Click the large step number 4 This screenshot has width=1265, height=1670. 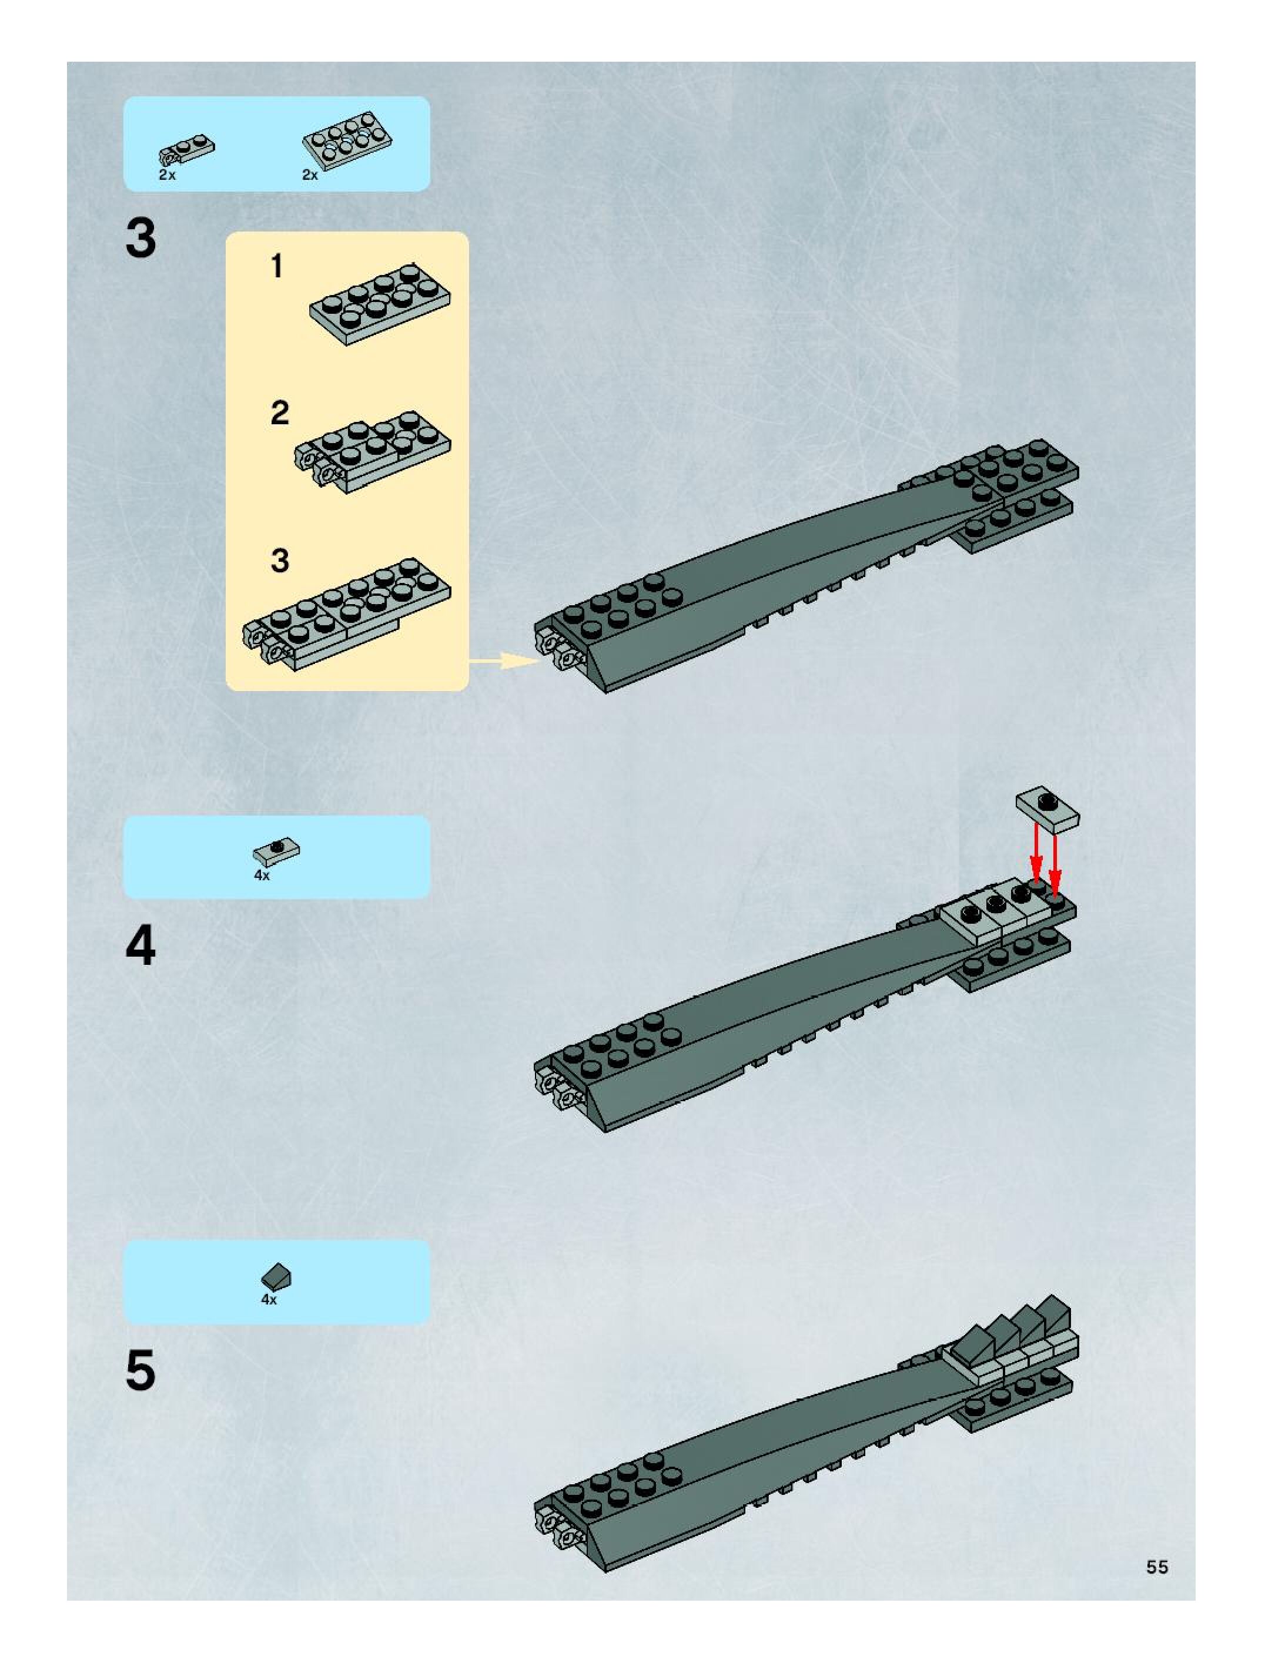coord(140,945)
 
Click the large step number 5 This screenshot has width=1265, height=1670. coord(140,1370)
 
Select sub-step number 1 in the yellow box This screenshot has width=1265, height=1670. coord(277,266)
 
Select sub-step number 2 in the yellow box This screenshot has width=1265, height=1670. coord(279,413)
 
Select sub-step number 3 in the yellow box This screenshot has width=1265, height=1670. coord(279,560)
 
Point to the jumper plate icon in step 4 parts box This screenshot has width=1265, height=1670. coord(276,851)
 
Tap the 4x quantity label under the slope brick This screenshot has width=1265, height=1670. coord(269,1299)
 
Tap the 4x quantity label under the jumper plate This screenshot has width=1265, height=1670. coord(262,876)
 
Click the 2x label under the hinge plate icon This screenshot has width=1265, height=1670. coord(167,175)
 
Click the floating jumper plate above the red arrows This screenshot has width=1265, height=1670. coord(1048,810)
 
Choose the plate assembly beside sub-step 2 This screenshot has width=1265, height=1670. coord(373,451)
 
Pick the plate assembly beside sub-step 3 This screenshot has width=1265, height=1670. coord(347,612)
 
